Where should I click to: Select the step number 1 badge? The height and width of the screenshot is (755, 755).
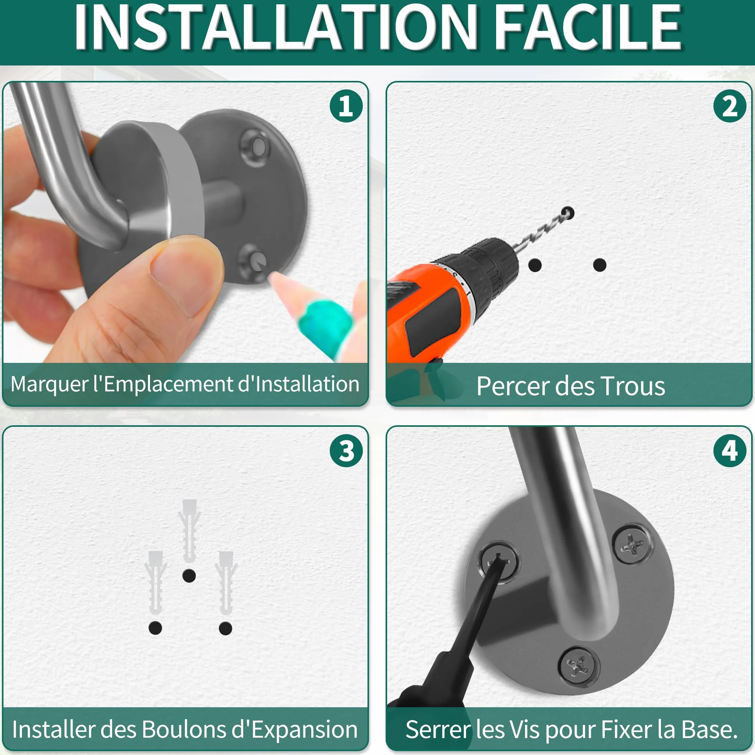coord(346,106)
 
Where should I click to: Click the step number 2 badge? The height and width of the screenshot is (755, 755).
coord(730,106)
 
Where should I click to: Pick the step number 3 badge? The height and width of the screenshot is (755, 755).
coord(346,451)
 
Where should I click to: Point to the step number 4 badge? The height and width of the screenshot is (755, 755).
coord(730,451)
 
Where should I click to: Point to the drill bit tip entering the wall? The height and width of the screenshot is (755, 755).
coord(568,213)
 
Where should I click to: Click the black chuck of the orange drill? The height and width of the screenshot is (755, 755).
coord(488,266)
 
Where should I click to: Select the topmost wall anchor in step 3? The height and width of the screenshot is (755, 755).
coord(190,530)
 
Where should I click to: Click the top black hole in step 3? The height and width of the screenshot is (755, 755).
coord(189,575)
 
